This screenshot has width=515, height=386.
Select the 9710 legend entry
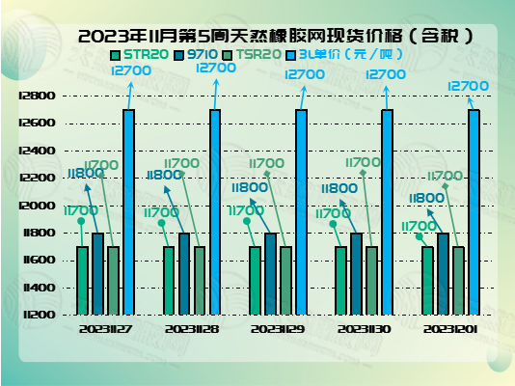pos(197,54)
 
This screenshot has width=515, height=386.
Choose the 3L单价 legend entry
pos(343,54)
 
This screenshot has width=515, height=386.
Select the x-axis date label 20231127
pos(106,328)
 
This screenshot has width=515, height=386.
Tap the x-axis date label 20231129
pos(279,328)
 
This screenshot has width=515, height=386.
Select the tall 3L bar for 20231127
pos(129,212)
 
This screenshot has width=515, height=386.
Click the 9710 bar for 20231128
pos(184,273)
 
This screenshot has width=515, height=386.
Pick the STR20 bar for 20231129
pos(255,280)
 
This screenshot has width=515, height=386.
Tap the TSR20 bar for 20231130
pos(371,280)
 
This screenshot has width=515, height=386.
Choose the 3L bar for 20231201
pos(474,212)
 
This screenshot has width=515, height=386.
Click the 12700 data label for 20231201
pos(469,86)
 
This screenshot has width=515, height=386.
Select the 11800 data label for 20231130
pos(339,189)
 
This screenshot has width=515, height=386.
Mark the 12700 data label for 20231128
pos(215,69)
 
